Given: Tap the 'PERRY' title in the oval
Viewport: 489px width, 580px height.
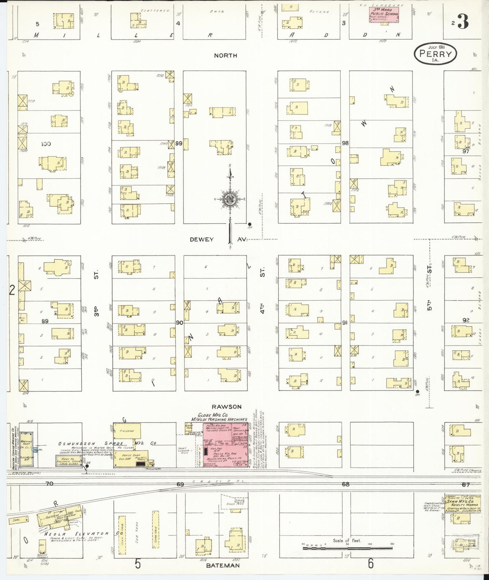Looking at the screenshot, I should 435,54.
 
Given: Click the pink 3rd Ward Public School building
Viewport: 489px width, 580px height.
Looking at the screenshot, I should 384,16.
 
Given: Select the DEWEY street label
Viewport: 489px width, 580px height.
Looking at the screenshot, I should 202,239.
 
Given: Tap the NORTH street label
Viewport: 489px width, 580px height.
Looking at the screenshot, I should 225,55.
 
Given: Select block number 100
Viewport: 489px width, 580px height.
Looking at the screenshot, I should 46,144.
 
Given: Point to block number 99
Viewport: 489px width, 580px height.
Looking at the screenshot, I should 179,143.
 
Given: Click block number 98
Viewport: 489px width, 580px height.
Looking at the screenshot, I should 345,143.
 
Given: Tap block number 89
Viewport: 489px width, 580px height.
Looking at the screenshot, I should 45,321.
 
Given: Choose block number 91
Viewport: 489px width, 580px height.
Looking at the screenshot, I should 344,323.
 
